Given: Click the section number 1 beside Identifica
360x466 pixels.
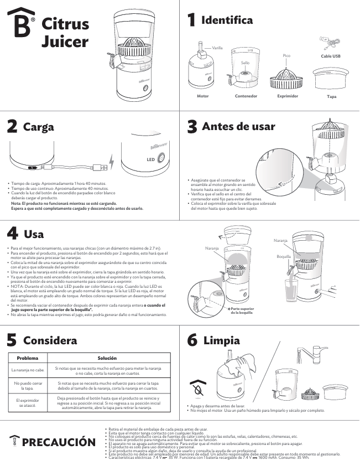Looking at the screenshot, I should point(191,20).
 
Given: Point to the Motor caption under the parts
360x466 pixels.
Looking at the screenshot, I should point(203,96).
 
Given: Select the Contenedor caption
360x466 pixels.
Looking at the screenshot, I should point(246,96).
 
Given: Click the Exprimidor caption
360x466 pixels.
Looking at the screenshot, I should point(288,96).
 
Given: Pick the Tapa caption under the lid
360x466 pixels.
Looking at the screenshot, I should point(332,96).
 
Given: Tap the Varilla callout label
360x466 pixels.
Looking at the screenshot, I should point(217,48).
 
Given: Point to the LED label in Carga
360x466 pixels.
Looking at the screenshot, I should point(149,159).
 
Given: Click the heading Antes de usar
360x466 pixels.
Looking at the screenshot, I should point(238,126).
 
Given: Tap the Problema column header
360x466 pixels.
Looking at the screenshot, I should point(28,358).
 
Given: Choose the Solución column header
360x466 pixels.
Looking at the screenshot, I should point(107,358).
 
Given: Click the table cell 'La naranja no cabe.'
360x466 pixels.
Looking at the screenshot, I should point(28,369).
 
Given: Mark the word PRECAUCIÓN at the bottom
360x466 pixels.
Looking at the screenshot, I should point(59,442).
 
